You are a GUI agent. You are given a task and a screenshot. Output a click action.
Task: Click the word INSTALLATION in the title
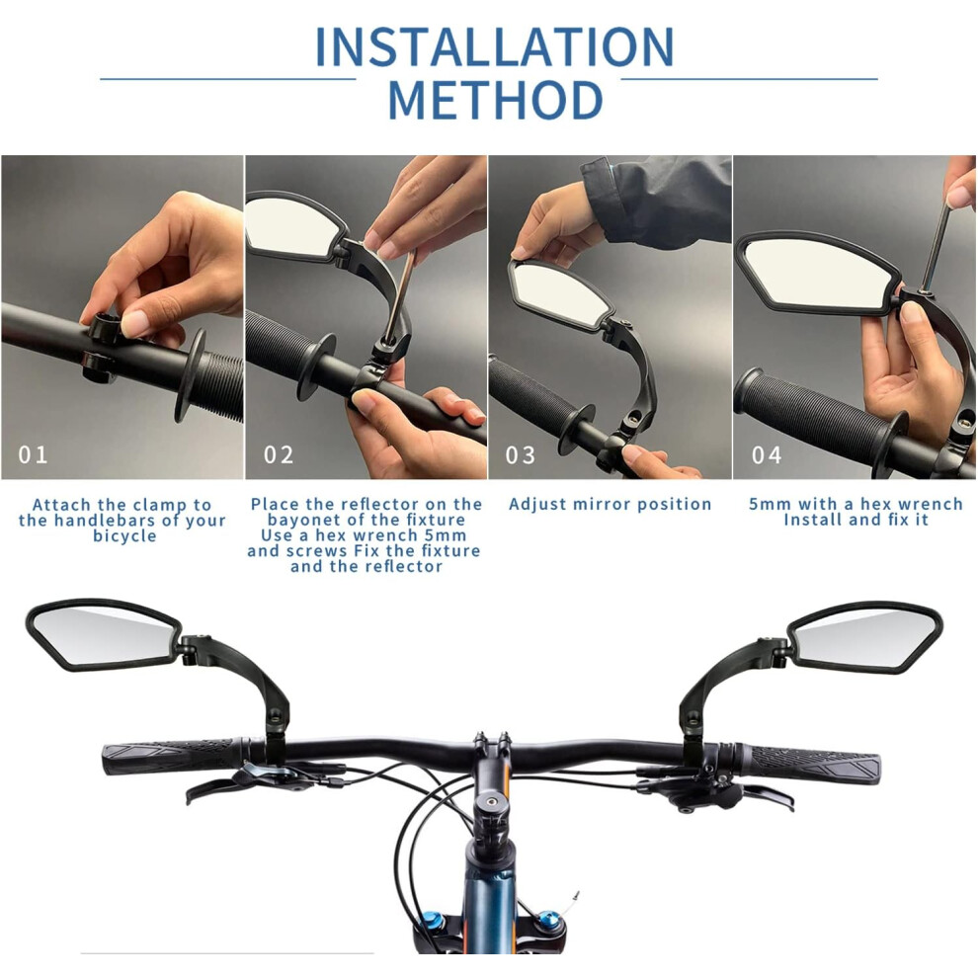click(x=495, y=46)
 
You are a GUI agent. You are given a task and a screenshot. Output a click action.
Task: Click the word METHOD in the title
click(x=496, y=100)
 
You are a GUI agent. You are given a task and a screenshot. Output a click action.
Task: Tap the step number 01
click(x=33, y=454)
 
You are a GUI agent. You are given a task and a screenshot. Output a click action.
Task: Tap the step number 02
click(x=279, y=454)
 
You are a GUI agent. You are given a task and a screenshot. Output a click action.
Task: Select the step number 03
click(x=521, y=455)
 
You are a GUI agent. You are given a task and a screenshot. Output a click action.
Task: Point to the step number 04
click(x=767, y=455)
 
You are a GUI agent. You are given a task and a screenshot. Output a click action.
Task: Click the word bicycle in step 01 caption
click(x=124, y=536)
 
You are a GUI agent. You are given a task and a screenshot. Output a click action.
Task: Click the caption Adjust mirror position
click(x=610, y=504)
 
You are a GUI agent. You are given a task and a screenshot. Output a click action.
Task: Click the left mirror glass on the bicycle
click(x=103, y=635)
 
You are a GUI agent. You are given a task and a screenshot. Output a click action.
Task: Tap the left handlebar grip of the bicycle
click(x=173, y=757)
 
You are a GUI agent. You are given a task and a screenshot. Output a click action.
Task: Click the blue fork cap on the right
click(x=549, y=919)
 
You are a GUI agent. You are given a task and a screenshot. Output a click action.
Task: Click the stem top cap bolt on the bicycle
click(x=492, y=800)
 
